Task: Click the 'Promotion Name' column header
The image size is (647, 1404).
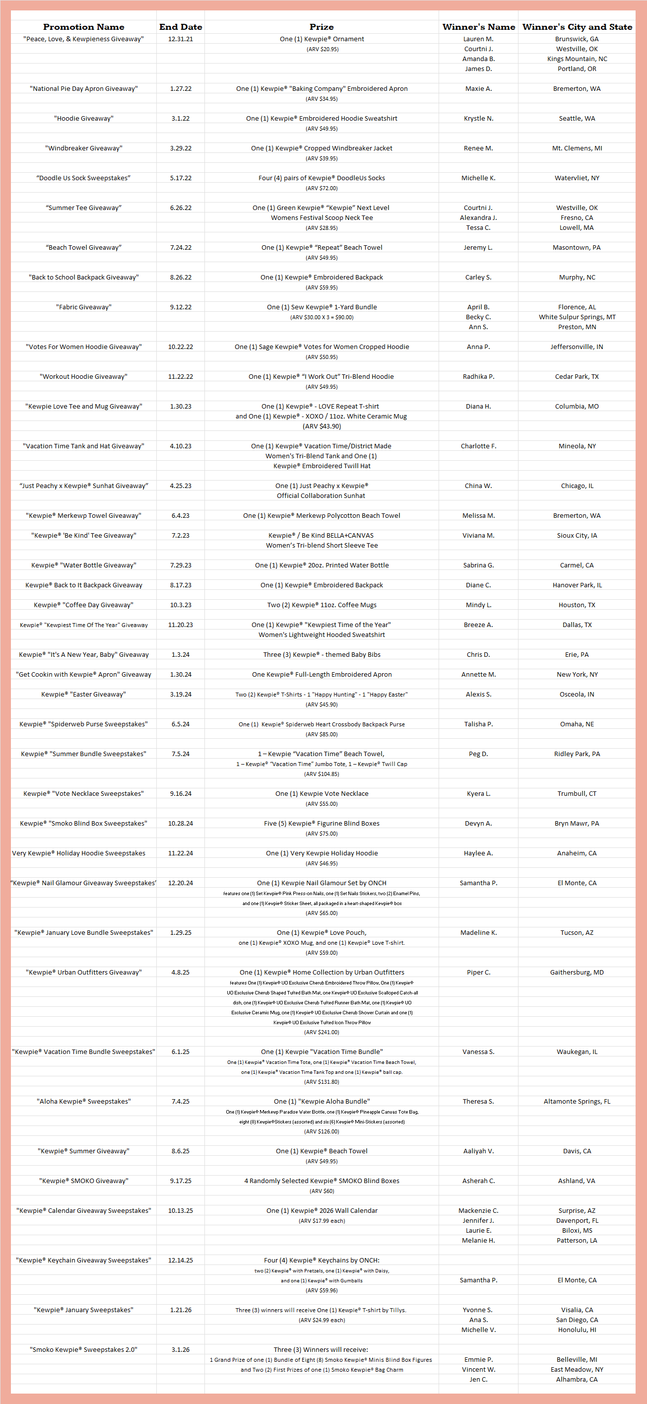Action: (x=83, y=27)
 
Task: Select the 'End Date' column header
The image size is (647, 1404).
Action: (x=180, y=27)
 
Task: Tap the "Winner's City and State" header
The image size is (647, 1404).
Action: (x=577, y=27)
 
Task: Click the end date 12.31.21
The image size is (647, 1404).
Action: (x=180, y=39)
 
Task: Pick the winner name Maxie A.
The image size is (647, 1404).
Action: (x=478, y=89)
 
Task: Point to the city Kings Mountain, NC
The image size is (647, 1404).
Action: (x=577, y=59)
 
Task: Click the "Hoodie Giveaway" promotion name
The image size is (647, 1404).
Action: (x=83, y=118)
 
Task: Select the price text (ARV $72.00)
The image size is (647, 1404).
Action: (x=322, y=188)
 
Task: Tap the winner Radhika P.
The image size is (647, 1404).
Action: (x=478, y=377)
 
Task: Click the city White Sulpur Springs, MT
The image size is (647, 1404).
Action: (x=577, y=317)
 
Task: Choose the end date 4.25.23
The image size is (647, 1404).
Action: (x=180, y=486)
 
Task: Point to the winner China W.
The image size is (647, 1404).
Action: (x=478, y=486)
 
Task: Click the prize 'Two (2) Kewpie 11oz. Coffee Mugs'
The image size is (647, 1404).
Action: (x=322, y=605)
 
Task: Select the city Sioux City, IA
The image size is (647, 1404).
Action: (x=577, y=535)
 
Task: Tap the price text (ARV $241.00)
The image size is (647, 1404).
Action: (x=322, y=1032)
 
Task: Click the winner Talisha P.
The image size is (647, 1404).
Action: (x=478, y=724)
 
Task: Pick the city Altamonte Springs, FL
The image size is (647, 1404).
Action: (x=577, y=1102)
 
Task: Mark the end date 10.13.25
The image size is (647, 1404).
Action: (x=180, y=1210)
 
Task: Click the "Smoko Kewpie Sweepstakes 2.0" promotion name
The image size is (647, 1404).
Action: (x=83, y=1349)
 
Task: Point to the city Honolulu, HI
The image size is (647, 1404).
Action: (x=577, y=1330)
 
